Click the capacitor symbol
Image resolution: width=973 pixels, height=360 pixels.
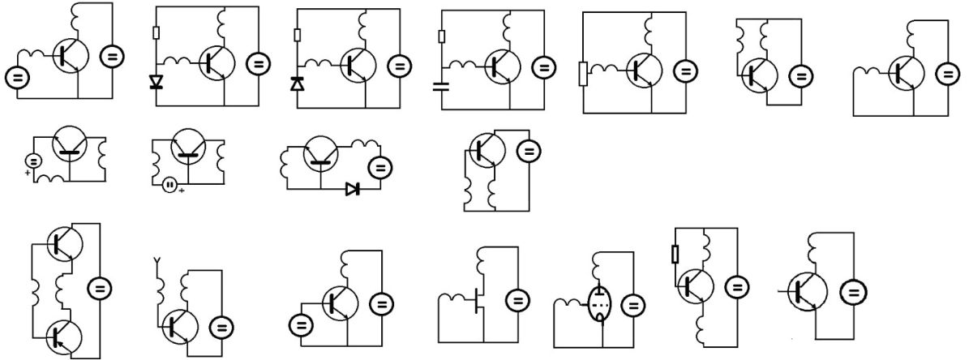[441, 86]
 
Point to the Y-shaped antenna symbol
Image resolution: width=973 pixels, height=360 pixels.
[157, 263]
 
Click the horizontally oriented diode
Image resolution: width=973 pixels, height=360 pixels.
[353, 189]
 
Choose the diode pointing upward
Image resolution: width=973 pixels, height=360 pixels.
[298, 83]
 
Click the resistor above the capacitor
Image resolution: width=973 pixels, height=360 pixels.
[441, 36]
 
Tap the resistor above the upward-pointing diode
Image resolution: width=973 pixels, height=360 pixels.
[298, 35]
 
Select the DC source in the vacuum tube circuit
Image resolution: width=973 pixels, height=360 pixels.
[633, 305]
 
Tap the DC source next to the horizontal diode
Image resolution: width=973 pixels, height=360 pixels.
[379, 168]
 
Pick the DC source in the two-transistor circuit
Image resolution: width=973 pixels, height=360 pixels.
[101, 288]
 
